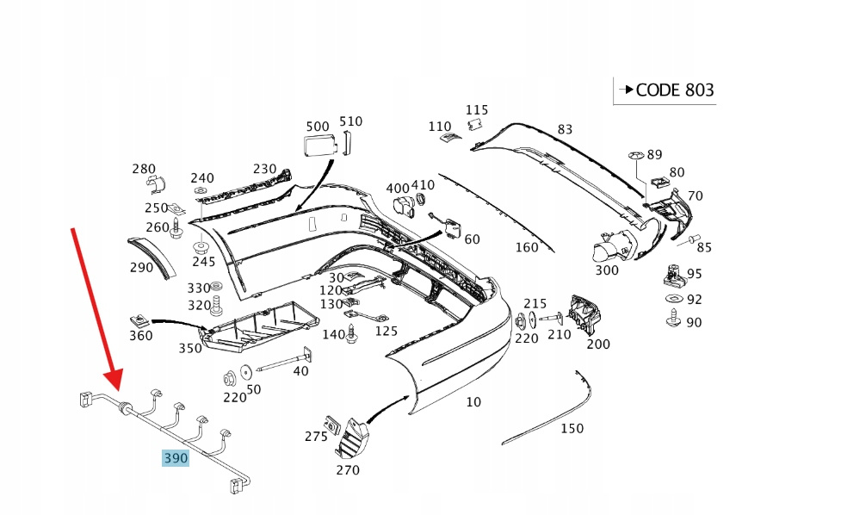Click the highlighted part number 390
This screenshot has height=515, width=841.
click(176, 458)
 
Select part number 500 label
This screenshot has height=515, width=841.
click(318, 126)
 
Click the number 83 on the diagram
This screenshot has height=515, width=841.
click(565, 130)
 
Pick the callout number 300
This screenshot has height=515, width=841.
click(606, 270)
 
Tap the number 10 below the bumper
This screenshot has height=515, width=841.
click(473, 401)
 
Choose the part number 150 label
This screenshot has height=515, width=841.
click(572, 428)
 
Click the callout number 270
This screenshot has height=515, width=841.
click(348, 469)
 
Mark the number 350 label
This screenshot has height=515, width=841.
click(189, 348)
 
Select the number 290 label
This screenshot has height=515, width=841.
click(141, 268)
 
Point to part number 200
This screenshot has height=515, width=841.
click(597, 344)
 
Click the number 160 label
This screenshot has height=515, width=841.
click(527, 248)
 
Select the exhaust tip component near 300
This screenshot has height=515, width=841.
click(612, 248)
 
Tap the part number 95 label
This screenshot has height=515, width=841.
click(694, 274)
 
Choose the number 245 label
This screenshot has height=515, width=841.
click(204, 262)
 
